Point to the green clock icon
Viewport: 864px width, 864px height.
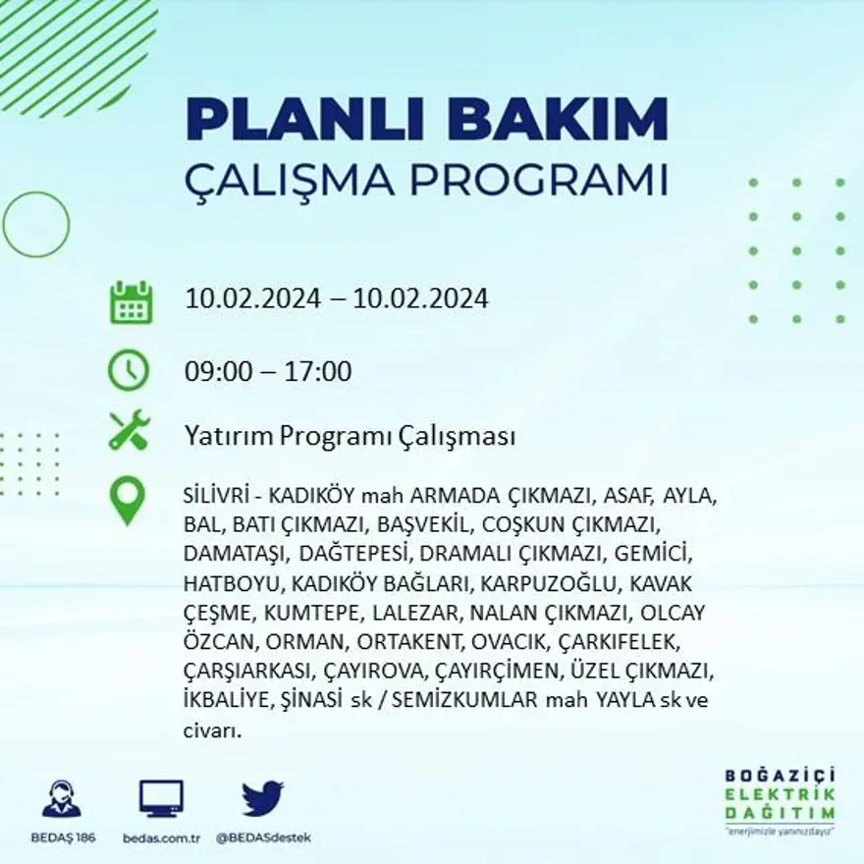point(129,370)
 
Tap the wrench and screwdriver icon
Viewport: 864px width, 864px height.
point(129,431)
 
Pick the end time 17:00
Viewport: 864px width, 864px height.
point(317,372)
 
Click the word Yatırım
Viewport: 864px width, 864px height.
point(228,437)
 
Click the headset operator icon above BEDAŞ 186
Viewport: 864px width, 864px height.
point(62,798)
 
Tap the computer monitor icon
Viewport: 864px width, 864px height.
point(161,798)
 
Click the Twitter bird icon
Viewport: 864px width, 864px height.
point(262,797)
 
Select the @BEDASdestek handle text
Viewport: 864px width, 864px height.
point(263,837)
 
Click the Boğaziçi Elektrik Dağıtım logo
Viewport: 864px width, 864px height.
point(780,797)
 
